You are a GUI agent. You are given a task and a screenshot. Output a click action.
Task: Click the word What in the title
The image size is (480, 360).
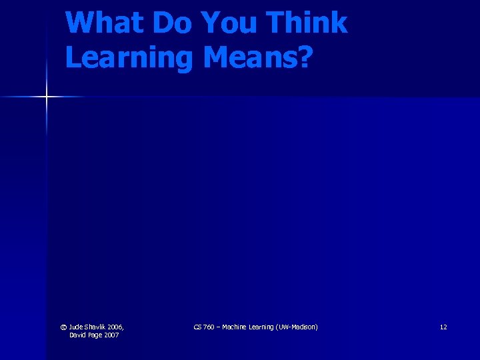tap(105, 23)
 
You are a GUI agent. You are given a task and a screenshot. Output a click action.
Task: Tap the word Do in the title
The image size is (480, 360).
tap(171, 23)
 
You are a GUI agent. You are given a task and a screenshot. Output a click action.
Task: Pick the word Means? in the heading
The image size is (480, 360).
tap(257, 57)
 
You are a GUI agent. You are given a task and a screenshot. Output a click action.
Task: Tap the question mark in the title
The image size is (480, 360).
tap(304, 57)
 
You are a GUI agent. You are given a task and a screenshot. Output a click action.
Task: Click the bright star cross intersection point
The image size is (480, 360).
tap(47, 97)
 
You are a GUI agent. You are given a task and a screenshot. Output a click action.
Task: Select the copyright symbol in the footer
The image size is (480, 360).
tap(63, 327)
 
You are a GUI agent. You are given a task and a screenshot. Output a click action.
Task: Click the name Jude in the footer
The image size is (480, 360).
tap(77, 327)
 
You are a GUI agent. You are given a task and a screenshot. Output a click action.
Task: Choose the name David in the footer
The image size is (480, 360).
tap(78, 335)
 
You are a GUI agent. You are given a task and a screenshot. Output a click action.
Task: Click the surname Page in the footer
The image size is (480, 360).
tap(95, 335)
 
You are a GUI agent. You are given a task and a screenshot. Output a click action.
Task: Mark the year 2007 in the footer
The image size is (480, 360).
tap(111, 335)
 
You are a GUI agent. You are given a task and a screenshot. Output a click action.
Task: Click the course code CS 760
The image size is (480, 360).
tap(203, 327)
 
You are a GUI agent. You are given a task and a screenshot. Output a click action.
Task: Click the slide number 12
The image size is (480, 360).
tap(443, 327)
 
